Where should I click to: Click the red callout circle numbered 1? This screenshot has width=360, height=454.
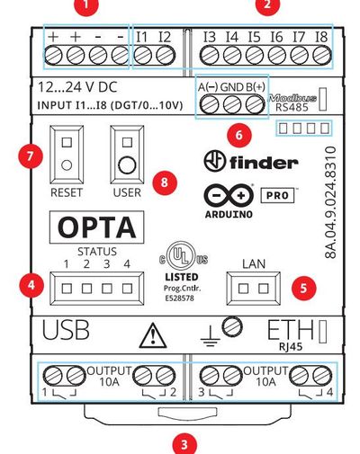pyautogui.click(x=87, y=6)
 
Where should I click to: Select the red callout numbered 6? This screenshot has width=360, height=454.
pyautogui.click(x=238, y=136)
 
